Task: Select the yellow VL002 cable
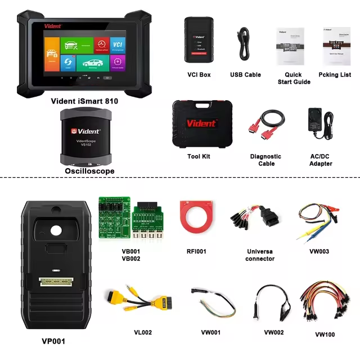[129, 304]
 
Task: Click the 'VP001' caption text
[54, 341]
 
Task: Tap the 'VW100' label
[325, 335]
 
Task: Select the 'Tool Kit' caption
[199, 156]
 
